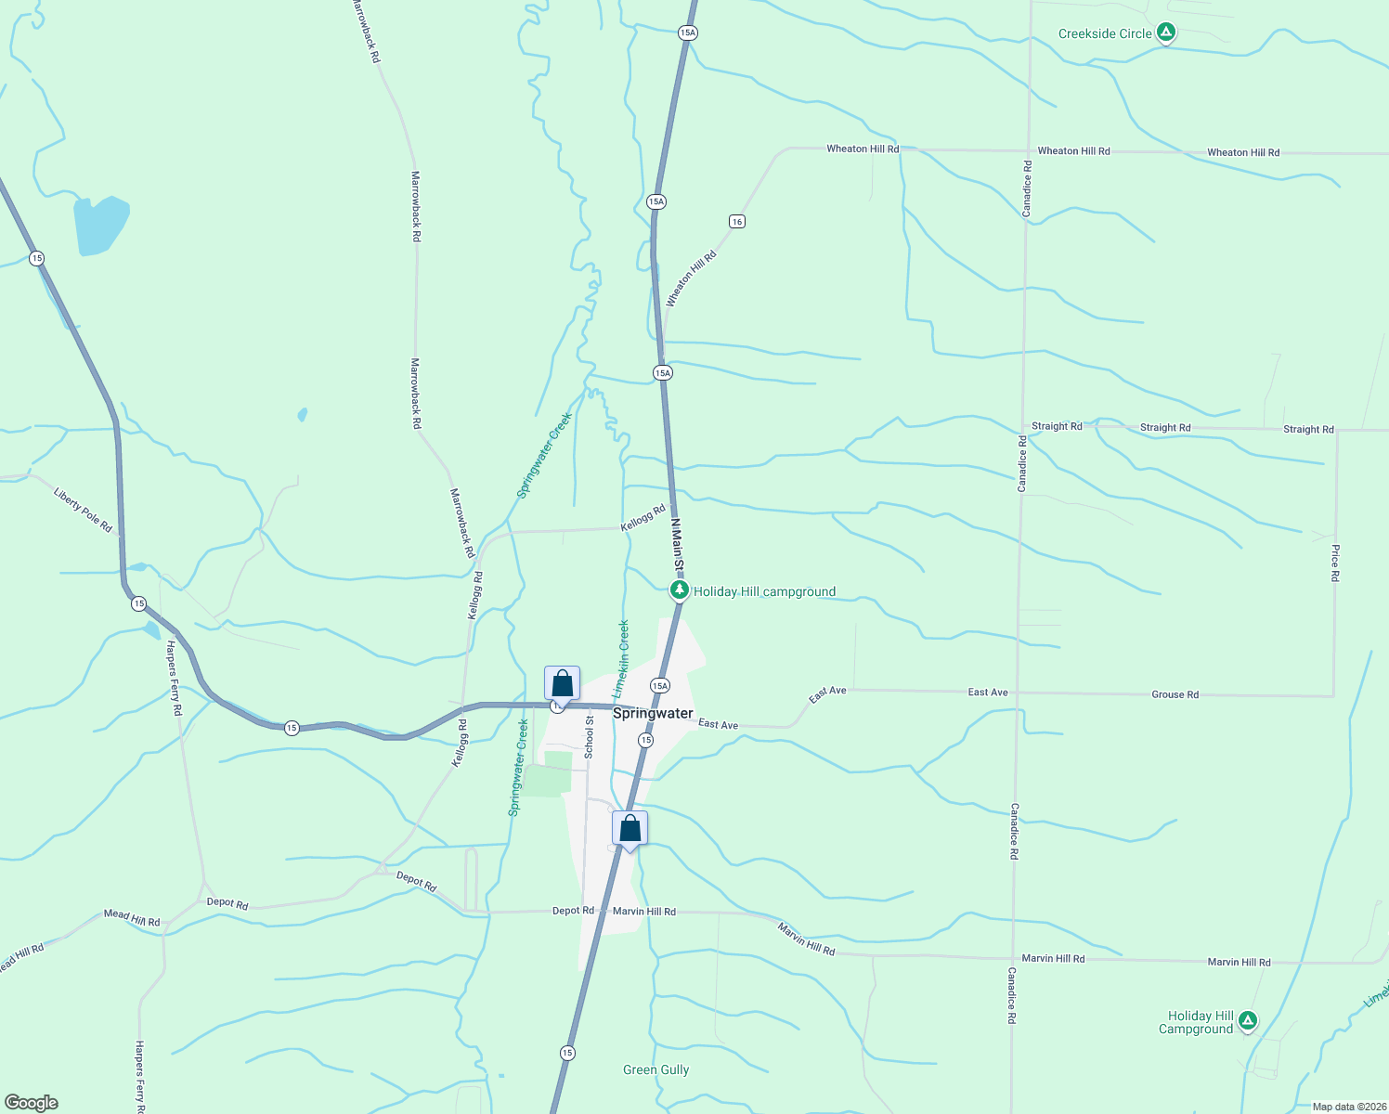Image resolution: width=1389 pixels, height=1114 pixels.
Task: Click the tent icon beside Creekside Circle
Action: [1166, 33]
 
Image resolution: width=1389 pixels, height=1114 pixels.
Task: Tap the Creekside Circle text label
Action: [1105, 34]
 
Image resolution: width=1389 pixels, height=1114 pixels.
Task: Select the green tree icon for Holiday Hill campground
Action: [680, 590]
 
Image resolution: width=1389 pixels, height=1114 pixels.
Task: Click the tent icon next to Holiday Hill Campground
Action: [1248, 1021]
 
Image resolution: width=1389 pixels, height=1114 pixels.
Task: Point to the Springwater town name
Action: [653, 713]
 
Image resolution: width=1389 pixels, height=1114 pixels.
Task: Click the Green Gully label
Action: [656, 1069]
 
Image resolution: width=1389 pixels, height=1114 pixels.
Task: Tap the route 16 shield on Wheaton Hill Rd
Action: [736, 221]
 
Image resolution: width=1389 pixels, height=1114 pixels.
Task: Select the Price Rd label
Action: [1335, 563]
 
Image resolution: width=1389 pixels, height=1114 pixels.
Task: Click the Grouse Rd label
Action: [1175, 694]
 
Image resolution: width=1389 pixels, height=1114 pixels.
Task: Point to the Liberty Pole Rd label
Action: [83, 511]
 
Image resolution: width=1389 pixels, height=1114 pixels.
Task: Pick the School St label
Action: [589, 737]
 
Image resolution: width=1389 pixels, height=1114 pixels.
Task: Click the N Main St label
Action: [678, 544]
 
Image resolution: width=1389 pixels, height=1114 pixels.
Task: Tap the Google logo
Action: [32, 1102]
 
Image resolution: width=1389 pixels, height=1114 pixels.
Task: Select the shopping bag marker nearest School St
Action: [562, 683]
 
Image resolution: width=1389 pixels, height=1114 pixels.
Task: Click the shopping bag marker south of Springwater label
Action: [630, 828]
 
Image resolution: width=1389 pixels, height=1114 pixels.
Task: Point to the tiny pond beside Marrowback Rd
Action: [303, 414]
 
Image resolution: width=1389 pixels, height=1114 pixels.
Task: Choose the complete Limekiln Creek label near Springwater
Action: [620, 659]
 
